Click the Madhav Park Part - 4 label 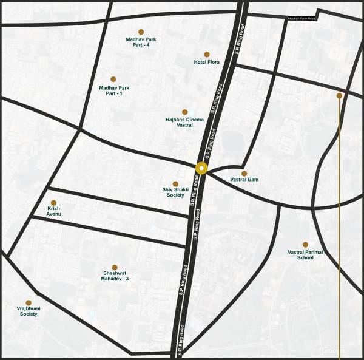point(141,42)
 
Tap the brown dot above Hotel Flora point(206,54)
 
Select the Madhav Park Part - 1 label point(114,91)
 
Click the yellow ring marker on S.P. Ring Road point(201,169)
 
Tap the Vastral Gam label point(244,180)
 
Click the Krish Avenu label point(54,211)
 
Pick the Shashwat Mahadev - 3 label point(115,276)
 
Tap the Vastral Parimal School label point(305,254)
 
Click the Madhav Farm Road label point(302,19)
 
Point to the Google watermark point(333,350)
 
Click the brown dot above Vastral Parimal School point(305,244)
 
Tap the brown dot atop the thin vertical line point(339,95)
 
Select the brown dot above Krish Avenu point(53,203)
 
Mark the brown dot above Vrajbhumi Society point(28,302)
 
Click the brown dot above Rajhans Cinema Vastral point(184,112)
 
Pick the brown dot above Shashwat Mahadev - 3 point(115,267)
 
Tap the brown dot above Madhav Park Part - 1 point(113,79)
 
